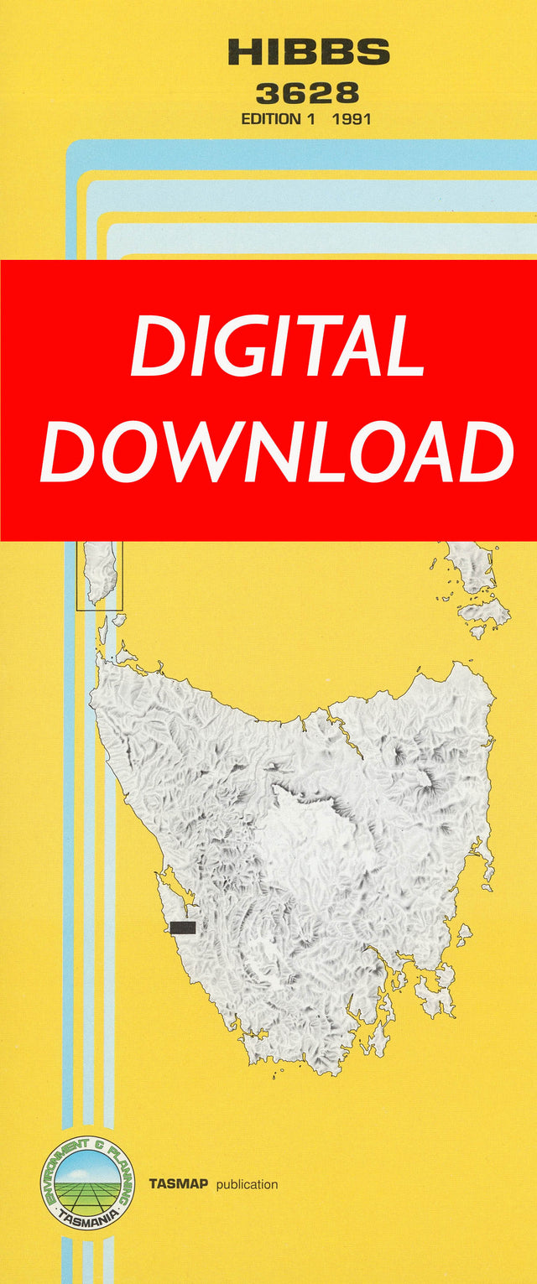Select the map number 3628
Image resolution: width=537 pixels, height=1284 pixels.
coord(308,92)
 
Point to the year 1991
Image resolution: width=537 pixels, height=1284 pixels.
coord(352,119)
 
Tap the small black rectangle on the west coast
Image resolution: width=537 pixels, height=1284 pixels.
coord(182,927)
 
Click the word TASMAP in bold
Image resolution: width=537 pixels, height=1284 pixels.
coord(179,1184)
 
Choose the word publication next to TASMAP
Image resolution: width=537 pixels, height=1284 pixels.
coord(247,1184)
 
